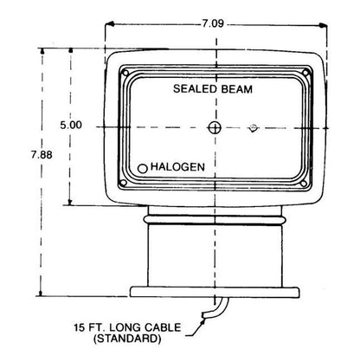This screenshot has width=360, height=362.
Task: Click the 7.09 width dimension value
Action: (213, 23)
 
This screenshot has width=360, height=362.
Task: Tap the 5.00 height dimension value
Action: (71, 125)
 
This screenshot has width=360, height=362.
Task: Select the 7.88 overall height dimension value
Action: (42, 155)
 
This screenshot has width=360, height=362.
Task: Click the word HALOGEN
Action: (177, 167)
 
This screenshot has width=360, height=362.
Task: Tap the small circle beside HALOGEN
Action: (143, 169)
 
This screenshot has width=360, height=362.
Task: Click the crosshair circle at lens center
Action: (215, 127)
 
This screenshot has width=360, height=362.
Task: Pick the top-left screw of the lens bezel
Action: (125, 73)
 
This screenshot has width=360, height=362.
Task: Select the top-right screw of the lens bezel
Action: (305, 73)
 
